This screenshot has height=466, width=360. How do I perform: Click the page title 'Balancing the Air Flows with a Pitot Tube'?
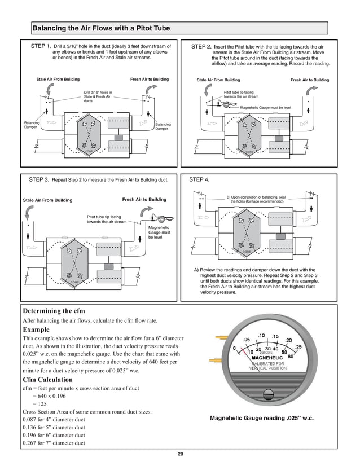[x=100, y=28]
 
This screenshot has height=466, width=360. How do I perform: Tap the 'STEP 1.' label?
[x=41, y=46]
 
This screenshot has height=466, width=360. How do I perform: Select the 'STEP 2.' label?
[x=201, y=46]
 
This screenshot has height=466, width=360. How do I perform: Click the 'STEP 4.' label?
[x=199, y=179]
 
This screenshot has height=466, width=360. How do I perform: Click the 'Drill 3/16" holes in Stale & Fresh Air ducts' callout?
[x=98, y=96]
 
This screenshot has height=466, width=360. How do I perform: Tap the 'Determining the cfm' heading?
[x=54, y=311]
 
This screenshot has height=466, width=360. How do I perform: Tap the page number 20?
[x=180, y=455]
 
